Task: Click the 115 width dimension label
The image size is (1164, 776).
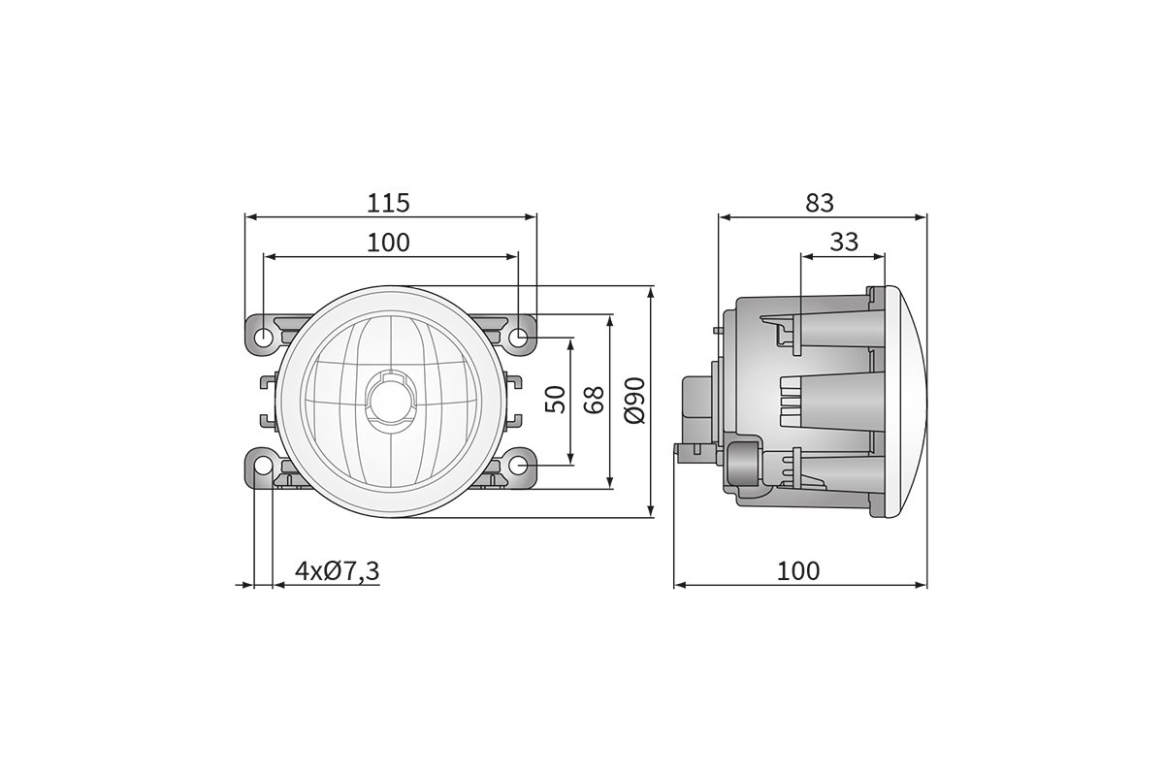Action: (x=389, y=203)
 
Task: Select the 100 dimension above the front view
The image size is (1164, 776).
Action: (x=389, y=242)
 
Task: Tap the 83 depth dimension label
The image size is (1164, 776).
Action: (x=820, y=203)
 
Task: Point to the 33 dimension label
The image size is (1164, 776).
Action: (x=844, y=242)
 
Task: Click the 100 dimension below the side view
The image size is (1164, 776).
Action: (x=798, y=571)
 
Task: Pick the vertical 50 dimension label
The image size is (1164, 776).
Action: (x=556, y=399)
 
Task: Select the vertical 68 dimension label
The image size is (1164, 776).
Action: (x=595, y=399)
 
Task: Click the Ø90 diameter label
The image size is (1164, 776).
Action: (x=634, y=400)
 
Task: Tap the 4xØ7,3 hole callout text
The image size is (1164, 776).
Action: (x=338, y=571)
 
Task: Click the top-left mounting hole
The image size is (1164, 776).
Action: (x=264, y=338)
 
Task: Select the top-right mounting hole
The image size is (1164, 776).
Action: (x=519, y=338)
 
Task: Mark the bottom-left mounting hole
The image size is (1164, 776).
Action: (x=264, y=468)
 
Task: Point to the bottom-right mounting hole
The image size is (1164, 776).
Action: (x=519, y=468)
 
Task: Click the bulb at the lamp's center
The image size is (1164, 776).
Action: (x=392, y=400)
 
